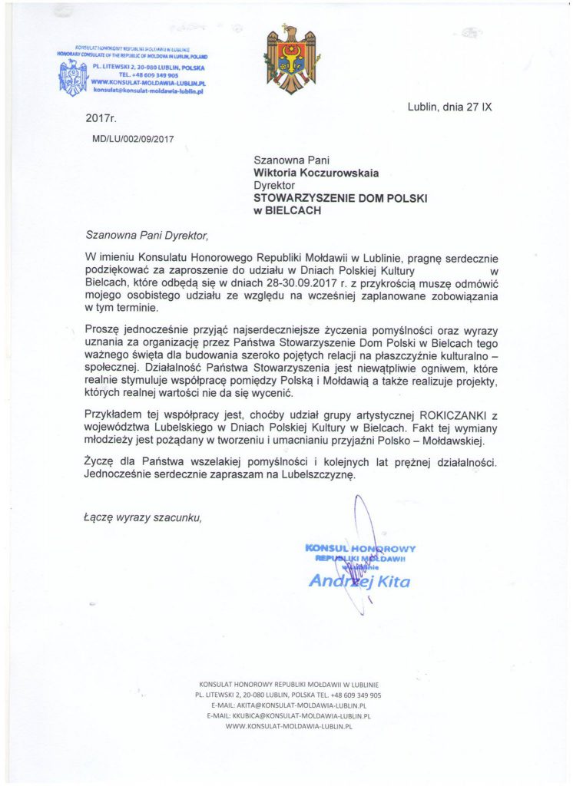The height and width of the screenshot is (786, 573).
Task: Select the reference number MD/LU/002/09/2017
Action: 134,139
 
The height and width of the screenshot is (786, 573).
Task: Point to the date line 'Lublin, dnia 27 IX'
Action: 449,107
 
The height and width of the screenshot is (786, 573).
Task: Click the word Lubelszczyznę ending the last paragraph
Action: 315,475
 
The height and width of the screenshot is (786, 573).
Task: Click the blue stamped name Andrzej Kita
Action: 359,581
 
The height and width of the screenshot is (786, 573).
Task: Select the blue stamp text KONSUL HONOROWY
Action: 360,549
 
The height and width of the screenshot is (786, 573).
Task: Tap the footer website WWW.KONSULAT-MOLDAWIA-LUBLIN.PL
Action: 289,725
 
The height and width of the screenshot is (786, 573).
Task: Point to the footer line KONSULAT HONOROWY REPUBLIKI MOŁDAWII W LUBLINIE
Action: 289,684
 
